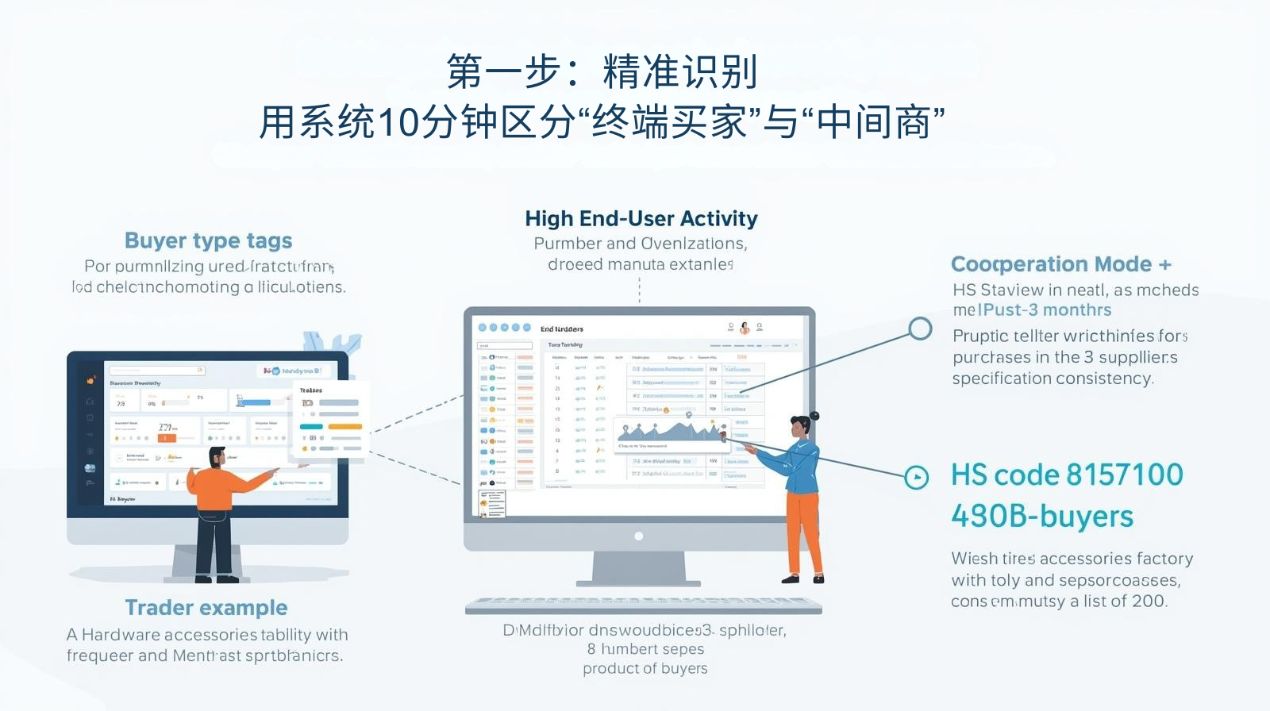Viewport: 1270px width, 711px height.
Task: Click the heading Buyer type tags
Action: [208, 240]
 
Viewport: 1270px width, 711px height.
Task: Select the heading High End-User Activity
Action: [641, 218]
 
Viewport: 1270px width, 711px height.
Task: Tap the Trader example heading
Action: [206, 608]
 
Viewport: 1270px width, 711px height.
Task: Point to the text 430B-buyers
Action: [1041, 517]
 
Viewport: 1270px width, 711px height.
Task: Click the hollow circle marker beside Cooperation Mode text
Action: [920, 328]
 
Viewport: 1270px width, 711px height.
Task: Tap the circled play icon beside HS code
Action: [917, 477]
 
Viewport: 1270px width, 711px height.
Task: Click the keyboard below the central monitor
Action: [643, 605]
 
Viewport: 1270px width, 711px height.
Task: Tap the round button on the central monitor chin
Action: [638, 536]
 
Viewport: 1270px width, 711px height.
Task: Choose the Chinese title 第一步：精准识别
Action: [601, 72]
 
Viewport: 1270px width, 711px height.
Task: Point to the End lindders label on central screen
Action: [561, 329]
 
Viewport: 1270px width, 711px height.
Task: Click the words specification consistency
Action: [1052, 379]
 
